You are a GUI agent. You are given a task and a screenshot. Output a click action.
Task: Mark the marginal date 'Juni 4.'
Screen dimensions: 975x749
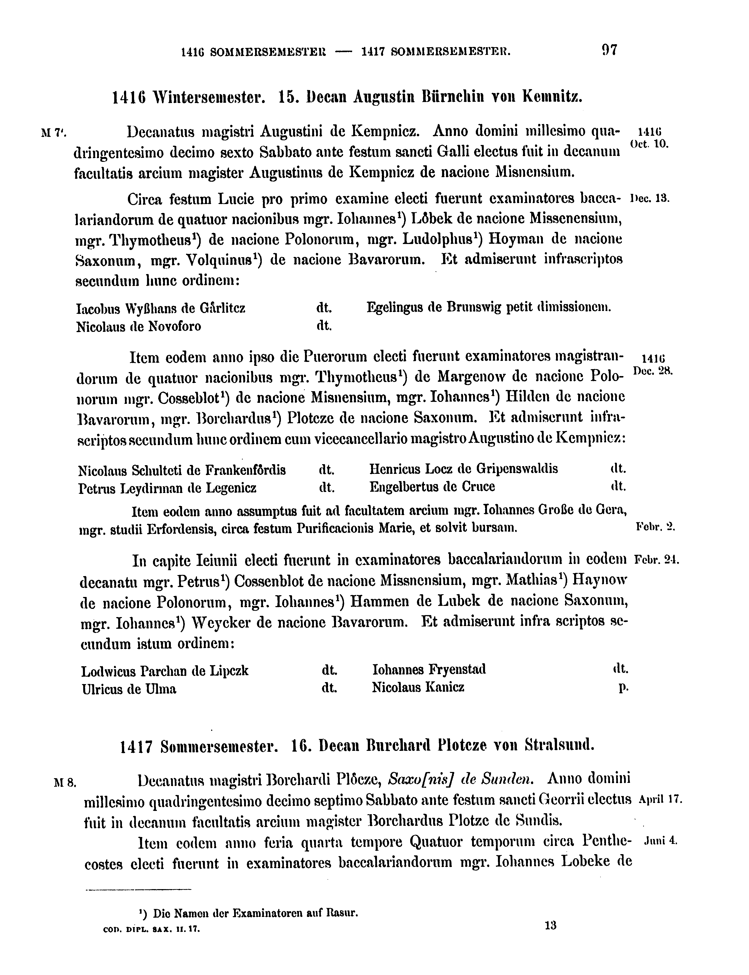[661, 841]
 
